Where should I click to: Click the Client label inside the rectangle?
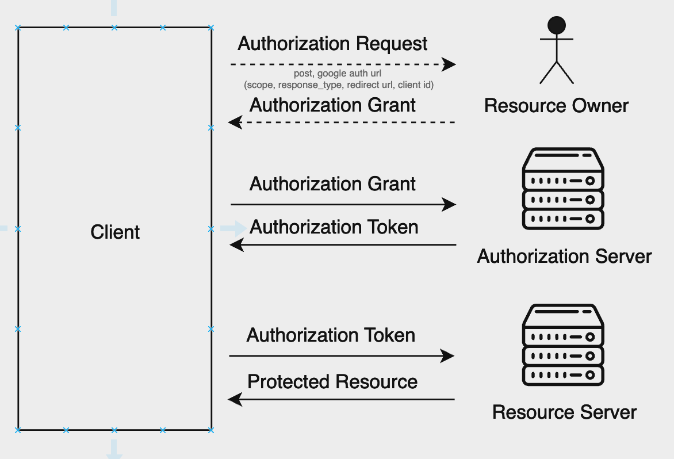coord(115,232)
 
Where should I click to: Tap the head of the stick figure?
coord(557,25)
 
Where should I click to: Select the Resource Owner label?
coord(556,106)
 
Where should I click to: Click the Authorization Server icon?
coord(563,189)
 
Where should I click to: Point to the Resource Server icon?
coord(563,345)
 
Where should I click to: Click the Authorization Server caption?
coord(564,256)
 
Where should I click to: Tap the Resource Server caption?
coord(564,412)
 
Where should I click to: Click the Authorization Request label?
coord(332,44)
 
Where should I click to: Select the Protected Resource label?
coord(332,382)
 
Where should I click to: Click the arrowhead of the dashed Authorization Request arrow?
coord(449,64)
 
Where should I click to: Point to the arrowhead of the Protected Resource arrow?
coord(235,399)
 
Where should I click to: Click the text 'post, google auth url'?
coord(338,74)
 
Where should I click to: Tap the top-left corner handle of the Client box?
coord(18,28)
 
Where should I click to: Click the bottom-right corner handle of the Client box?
coord(210,430)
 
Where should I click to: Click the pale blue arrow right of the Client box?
coord(233,228)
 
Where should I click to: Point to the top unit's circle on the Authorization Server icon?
coord(590,181)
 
